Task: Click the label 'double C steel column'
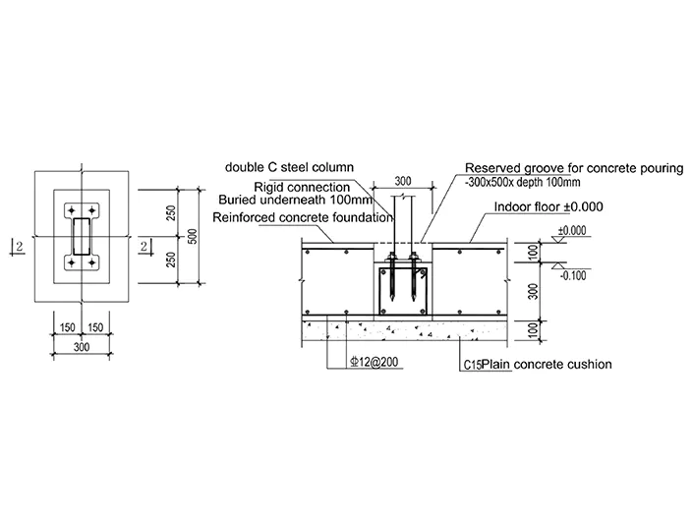(289, 167)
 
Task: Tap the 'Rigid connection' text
(302, 187)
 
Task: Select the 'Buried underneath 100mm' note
(295, 200)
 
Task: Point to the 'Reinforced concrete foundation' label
(303, 217)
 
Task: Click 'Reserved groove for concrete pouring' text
(574, 168)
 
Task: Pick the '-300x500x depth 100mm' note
(523, 182)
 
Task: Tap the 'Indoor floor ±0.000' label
(548, 206)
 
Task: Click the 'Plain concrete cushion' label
(547, 364)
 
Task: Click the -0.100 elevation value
(573, 276)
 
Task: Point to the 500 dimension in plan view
(193, 236)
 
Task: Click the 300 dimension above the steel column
(403, 181)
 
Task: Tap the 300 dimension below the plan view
(82, 347)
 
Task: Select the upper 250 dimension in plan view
(172, 212)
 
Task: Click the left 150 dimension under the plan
(68, 327)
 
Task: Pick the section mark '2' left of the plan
(20, 247)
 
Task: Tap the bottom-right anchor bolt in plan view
(91, 263)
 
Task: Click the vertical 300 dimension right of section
(533, 291)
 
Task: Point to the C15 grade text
(472, 365)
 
